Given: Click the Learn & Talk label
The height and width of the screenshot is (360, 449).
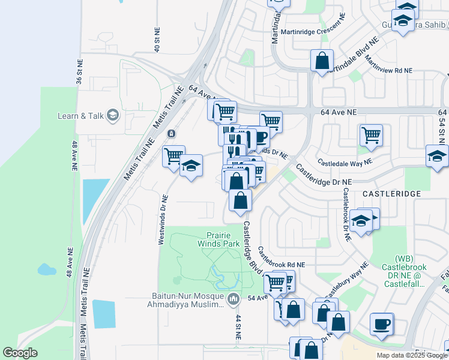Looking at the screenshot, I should tap(81, 116).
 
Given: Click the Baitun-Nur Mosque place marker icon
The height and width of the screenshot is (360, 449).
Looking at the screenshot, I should tap(234, 298).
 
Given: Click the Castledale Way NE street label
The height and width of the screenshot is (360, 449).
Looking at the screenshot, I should tap(345, 162).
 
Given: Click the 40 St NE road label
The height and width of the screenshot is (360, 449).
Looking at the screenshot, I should tap(157, 38).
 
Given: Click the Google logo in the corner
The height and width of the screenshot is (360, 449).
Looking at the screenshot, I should tap(20, 353).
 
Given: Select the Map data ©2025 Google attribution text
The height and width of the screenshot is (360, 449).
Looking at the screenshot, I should tap(412, 355).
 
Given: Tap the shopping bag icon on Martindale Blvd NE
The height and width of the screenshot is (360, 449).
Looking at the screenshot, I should tap(322, 61).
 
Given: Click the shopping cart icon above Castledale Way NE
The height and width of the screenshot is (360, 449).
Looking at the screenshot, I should tap(371, 134).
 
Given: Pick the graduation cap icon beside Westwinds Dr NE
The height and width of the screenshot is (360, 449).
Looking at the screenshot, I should tap(191, 166).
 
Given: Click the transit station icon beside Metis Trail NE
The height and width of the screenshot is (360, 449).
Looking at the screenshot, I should tap(172, 133).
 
